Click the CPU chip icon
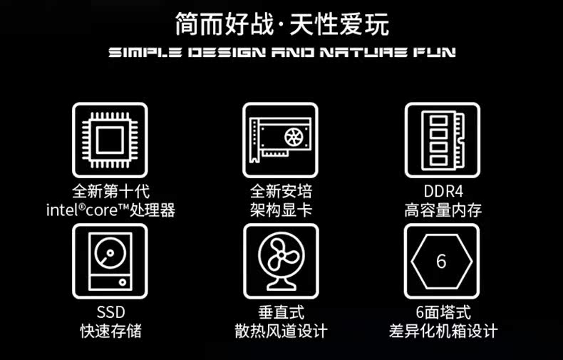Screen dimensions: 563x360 [x=110, y=140]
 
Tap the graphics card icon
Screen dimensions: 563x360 [x=280, y=140]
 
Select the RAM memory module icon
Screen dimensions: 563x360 [x=443, y=140]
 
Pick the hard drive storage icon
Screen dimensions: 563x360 [x=110, y=261]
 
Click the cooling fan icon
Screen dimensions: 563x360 [x=281, y=261]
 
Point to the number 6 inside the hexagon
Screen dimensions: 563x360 [x=441, y=261]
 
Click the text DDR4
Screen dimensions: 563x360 [x=443, y=191]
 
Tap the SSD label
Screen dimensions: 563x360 [x=110, y=312]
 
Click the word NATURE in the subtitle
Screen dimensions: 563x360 [x=363, y=53]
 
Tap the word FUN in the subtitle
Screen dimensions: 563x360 [x=435, y=53]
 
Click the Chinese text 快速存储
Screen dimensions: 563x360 [x=110, y=331]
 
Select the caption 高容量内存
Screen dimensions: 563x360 [x=443, y=210]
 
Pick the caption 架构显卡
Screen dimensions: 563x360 [x=281, y=210]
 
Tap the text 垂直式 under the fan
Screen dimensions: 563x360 [x=281, y=312]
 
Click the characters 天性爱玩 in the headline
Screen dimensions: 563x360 [x=339, y=24]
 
